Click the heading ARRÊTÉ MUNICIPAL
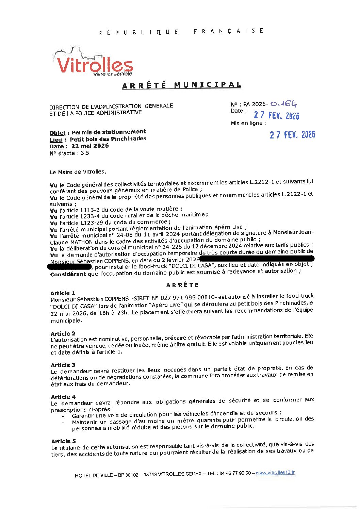pyautogui.click(x=181, y=85)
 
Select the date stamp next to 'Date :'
pyautogui.click(x=276, y=115)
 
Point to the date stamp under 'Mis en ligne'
pyautogui.click(x=292, y=135)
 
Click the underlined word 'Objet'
pyautogui.click(x=58, y=133)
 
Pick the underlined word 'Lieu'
pyautogui.click(x=56, y=140)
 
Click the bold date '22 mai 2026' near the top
pyautogui.click(x=90, y=146)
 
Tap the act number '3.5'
pyautogui.click(x=85, y=153)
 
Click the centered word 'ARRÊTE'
pyautogui.click(x=182, y=285)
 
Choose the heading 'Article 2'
pyautogui.click(x=63, y=333)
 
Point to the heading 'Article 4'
pyautogui.click(x=63, y=397)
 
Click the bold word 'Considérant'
pyautogui.click(x=68, y=274)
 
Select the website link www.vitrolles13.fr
pyautogui.click(x=275, y=473)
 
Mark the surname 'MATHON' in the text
pyautogui.click(x=81, y=242)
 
